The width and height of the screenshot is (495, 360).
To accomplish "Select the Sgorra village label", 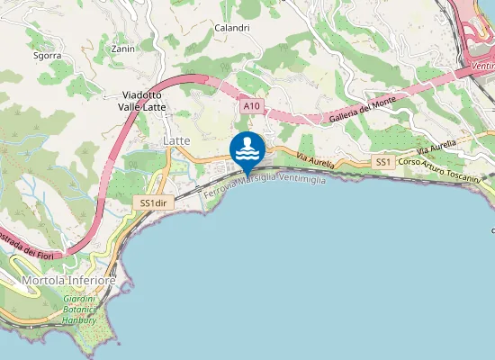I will coord(47,55).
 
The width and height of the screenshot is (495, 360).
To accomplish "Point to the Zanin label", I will coord(122,49).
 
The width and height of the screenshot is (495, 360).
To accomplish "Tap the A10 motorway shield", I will coord(252,106).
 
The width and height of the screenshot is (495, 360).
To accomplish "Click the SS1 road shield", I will coord(383,161).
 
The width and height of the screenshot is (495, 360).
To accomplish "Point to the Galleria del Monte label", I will coord(337,114).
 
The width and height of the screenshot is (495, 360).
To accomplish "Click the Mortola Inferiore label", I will coord(67,281).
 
